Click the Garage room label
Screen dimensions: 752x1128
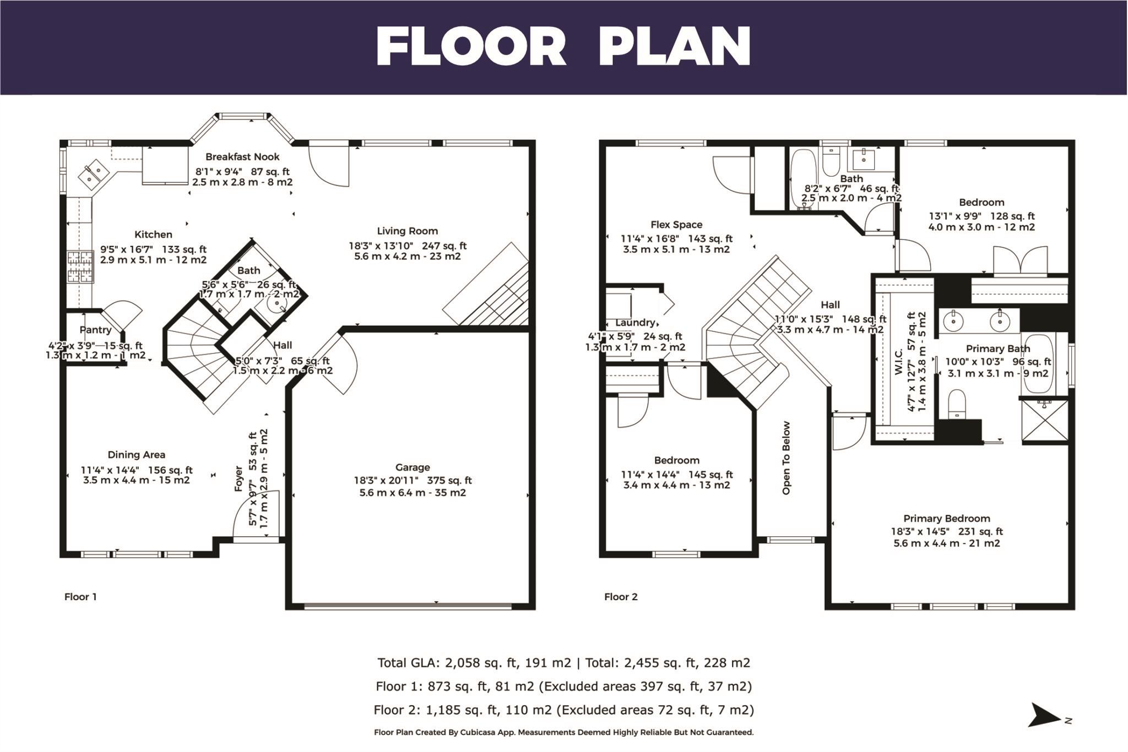coord(412,467)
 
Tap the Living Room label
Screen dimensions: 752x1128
coord(407,231)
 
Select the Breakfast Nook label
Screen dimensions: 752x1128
coord(242,157)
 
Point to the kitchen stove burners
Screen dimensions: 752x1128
coord(80,266)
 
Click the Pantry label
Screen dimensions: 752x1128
coord(95,330)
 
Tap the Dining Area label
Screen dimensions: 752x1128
coord(136,455)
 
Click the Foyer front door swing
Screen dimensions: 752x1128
coord(257,514)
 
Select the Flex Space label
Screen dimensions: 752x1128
coord(676,225)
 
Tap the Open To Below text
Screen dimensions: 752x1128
coord(786,458)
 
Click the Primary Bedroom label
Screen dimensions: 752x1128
coord(946,519)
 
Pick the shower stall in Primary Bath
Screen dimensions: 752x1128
coord(1044,422)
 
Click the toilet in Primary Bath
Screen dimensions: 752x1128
coord(957,404)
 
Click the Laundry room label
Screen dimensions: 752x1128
coord(636,323)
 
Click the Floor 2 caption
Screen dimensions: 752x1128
coord(621,597)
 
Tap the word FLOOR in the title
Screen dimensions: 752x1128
coord(471,47)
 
